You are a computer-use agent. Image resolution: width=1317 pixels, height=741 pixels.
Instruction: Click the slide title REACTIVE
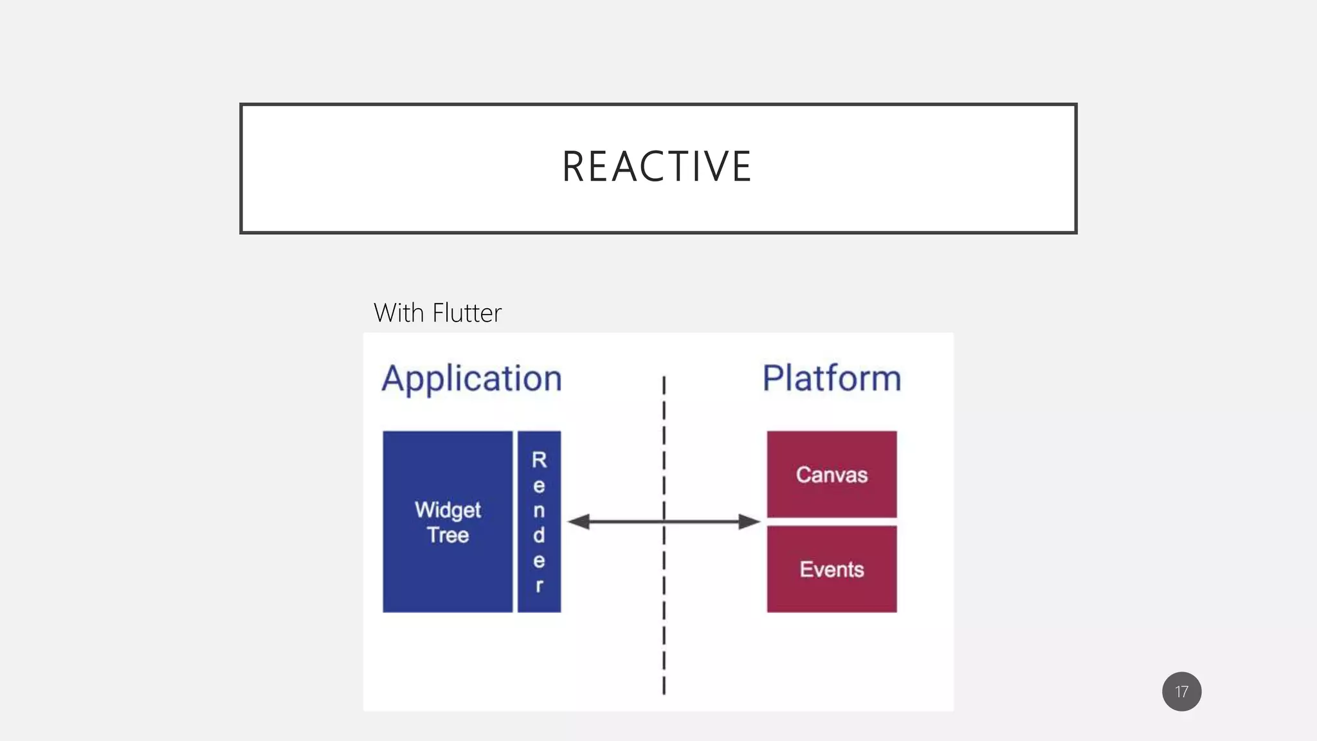(657, 167)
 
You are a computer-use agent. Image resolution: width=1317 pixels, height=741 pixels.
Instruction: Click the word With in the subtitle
(398, 313)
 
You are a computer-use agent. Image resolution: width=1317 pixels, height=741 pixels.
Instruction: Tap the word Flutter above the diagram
(467, 313)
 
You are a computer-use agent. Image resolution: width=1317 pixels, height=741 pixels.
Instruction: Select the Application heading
(471, 378)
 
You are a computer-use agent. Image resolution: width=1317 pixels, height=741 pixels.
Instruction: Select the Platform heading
(831, 378)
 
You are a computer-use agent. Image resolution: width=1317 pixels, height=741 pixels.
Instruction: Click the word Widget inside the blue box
(448, 510)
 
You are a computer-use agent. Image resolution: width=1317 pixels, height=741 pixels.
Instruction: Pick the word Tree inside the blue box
(448, 535)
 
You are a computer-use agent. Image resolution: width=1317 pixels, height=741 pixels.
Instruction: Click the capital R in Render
(539, 460)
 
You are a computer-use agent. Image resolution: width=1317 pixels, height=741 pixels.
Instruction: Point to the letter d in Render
(539, 535)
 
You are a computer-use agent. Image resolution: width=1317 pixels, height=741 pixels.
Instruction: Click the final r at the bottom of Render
(539, 586)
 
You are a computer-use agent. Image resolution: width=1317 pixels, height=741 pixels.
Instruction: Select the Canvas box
(831, 474)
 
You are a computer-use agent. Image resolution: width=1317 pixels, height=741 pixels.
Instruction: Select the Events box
(831, 569)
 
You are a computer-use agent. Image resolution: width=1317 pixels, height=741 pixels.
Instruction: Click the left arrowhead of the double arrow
(578, 522)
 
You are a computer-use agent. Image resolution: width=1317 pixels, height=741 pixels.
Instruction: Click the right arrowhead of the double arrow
(750, 522)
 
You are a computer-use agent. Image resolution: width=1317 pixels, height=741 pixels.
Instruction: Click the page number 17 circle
(1181, 691)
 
